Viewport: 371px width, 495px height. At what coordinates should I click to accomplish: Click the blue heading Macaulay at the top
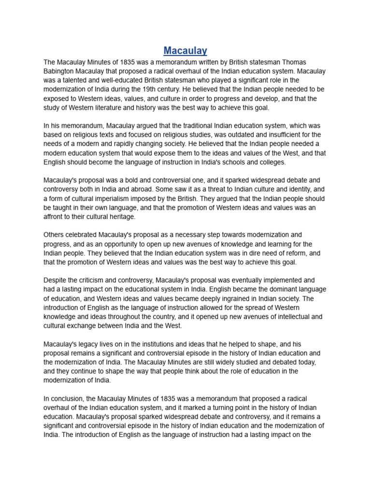click(x=185, y=50)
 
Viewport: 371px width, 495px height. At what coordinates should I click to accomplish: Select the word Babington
click(x=60, y=71)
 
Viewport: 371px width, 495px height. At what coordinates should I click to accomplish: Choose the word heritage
click(x=122, y=217)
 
